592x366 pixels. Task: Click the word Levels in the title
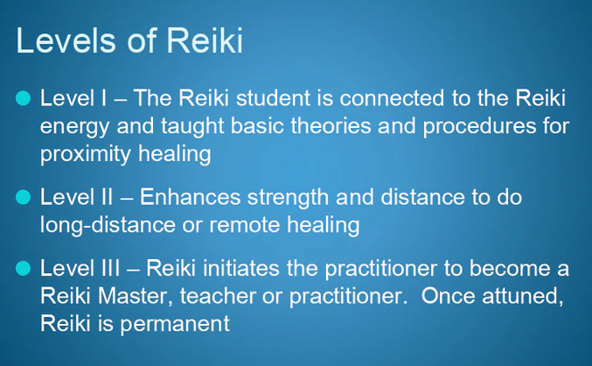(x=66, y=40)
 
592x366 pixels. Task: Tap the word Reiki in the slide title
(x=205, y=40)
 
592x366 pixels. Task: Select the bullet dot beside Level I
(x=24, y=98)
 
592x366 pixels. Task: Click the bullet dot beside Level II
(x=24, y=197)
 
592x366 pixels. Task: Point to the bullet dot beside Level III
(x=24, y=268)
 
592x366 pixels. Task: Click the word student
(x=273, y=98)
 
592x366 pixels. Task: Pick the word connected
(x=392, y=98)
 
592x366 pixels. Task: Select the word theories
(x=331, y=125)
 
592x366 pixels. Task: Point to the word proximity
(x=86, y=155)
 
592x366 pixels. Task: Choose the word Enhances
(x=190, y=197)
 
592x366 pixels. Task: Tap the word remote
(x=244, y=225)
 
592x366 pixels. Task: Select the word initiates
(x=241, y=268)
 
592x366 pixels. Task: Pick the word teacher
(x=218, y=296)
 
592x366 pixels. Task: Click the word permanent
(x=175, y=325)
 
